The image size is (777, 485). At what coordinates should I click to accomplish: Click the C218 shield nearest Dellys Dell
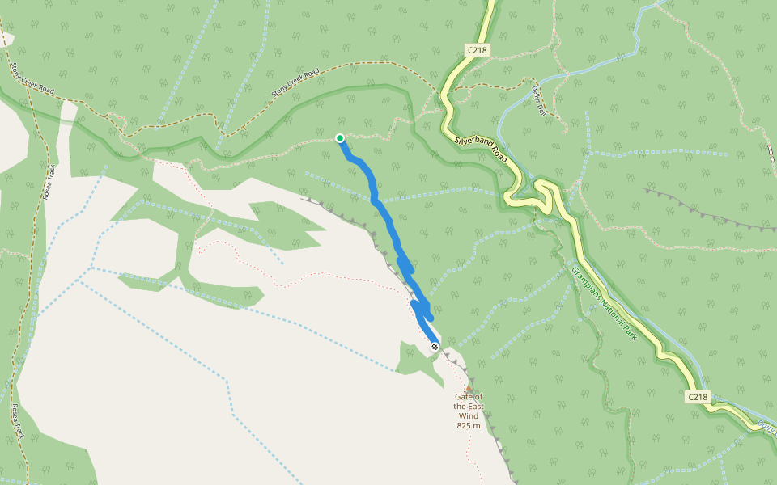coord(478,50)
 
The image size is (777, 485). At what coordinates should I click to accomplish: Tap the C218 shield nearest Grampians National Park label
coord(698,397)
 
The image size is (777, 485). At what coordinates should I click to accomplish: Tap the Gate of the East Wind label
coord(469,407)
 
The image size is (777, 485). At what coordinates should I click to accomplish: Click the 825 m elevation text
coord(469,426)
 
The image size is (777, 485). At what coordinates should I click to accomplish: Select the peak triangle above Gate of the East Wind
coord(469,389)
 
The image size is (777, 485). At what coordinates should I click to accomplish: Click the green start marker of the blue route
coord(340,138)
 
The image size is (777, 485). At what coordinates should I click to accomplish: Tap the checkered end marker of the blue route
coord(435,347)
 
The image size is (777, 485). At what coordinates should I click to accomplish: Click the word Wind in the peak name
coord(469,416)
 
